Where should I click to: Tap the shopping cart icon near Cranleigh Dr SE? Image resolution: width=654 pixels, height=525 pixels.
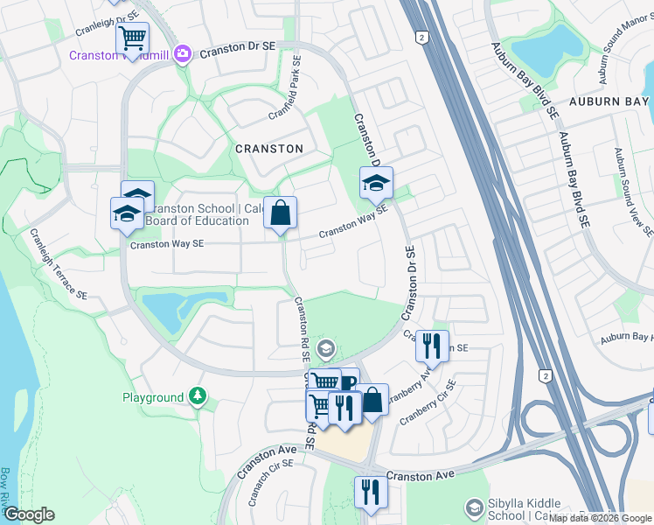point(132,38)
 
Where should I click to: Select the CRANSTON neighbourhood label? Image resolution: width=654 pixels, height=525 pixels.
point(269,149)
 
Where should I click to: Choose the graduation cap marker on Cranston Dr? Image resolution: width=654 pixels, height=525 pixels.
point(376,182)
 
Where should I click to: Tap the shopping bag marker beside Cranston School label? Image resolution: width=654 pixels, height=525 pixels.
point(281,213)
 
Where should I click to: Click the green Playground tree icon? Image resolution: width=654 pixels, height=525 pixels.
point(198,397)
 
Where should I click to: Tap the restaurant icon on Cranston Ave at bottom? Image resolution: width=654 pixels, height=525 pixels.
point(370,491)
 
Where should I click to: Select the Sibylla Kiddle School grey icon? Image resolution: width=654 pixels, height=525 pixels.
point(474,507)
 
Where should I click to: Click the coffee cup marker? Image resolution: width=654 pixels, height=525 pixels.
point(347,381)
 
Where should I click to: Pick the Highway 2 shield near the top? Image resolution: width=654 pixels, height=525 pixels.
point(422,37)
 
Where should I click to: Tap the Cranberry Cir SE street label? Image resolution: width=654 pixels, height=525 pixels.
point(426,402)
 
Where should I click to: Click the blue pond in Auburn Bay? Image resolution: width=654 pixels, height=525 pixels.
point(549,48)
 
